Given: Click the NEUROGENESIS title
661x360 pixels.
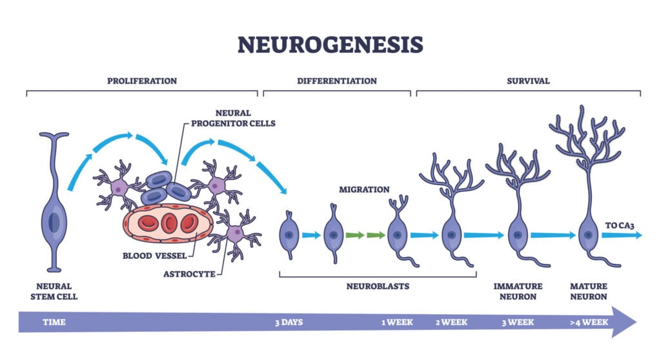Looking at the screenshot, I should click(x=330, y=45).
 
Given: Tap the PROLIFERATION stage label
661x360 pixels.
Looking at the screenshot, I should click(x=141, y=81).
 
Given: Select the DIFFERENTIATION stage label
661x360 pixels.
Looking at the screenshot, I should click(x=336, y=81).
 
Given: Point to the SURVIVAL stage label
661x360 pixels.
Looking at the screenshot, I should click(x=528, y=81).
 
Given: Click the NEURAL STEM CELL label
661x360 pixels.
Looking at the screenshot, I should click(x=54, y=291).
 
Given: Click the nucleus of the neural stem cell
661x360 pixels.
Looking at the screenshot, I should click(x=54, y=221).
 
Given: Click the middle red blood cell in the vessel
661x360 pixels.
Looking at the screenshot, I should click(x=168, y=223).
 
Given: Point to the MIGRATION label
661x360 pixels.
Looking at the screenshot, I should click(x=364, y=190).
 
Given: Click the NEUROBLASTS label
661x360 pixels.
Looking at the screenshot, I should click(x=378, y=286).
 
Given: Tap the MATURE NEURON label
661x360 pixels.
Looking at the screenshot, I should click(x=588, y=291).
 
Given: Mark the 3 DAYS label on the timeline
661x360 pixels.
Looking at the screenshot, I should click(x=289, y=321).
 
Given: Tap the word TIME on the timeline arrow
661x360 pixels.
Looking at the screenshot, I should click(x=54, y=321).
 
